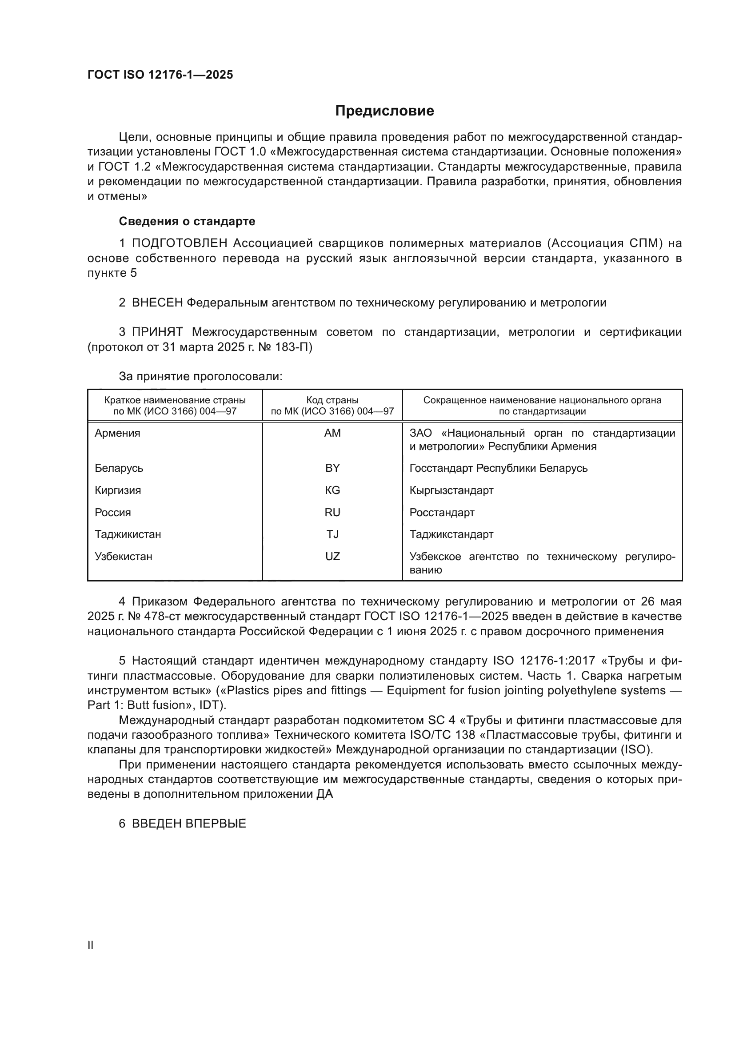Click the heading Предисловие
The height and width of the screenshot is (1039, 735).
(384, 111)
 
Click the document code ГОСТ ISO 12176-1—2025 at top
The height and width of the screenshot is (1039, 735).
(160, 75)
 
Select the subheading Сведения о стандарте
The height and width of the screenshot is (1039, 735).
(187, 221)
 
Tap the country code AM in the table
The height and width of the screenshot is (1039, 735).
(332, 433)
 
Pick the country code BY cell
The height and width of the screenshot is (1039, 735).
(332, 468)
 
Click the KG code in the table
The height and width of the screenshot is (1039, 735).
(332, 490)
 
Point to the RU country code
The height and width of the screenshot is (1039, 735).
(332, 512)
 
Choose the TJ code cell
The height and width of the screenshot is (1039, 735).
(332, 534)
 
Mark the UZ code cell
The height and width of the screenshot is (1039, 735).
(332, 556)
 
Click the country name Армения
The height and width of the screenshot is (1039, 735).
(117, 433)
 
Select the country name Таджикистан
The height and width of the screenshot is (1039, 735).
(128, 534)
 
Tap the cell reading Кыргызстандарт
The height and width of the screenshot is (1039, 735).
(451, 490)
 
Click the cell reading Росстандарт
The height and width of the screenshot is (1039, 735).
(442, 512)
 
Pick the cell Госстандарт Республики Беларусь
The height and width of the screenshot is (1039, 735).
(498, 468)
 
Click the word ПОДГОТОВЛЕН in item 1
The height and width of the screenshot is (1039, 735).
(180, 243)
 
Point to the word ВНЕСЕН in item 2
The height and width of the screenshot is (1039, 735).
(157, 303)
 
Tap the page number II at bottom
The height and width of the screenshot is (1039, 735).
(91, 945)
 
